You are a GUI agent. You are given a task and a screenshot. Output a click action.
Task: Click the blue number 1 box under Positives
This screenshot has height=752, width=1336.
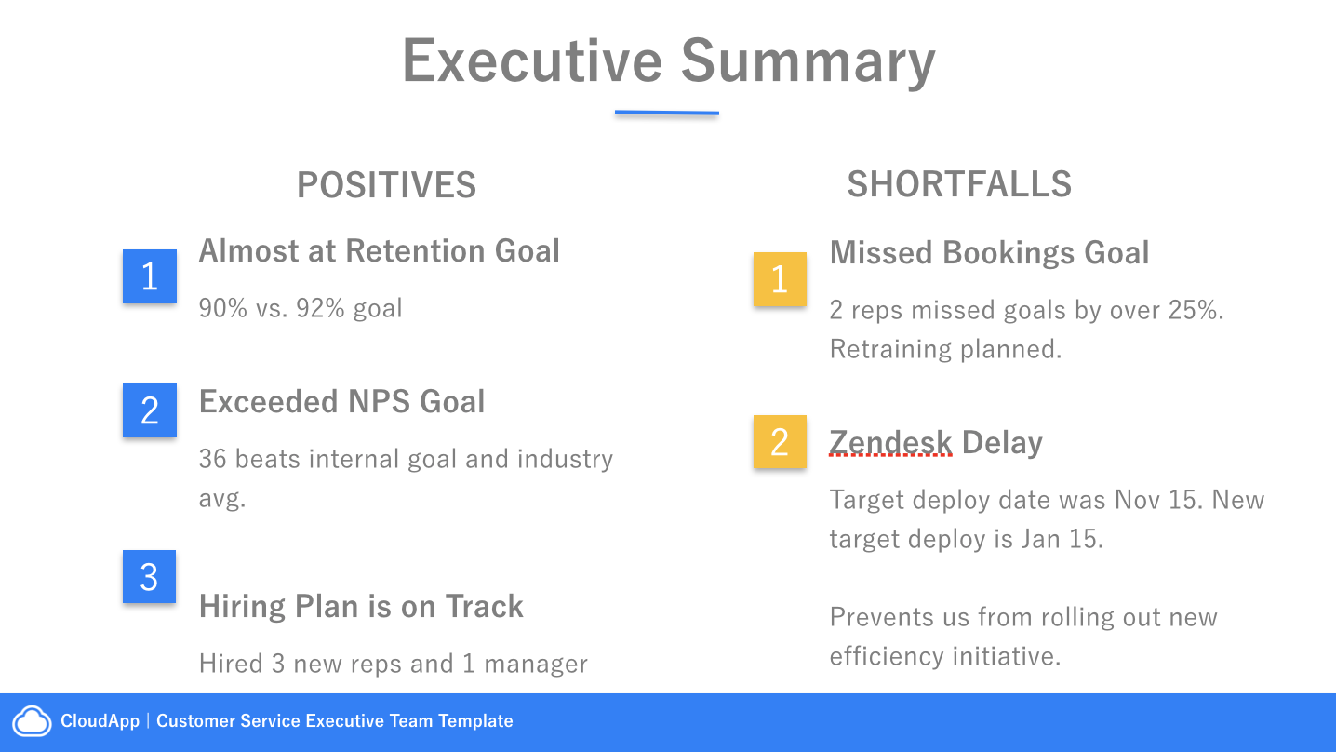(150, 276)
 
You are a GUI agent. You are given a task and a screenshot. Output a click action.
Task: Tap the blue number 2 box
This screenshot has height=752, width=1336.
(150, 410)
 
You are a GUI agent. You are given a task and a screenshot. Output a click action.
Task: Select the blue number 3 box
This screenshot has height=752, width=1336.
(149, 576)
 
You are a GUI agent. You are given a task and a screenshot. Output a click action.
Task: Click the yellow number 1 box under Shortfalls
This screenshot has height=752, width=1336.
(781, 279)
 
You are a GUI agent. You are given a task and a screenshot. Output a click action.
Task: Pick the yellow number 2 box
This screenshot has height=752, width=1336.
(781, 442)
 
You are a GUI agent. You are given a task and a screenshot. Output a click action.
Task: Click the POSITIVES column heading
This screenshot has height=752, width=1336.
(386, 184)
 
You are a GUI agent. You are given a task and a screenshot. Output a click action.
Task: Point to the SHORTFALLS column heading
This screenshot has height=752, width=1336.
(959, 184)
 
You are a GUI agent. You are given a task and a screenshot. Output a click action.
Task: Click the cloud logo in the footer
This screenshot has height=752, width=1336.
(33, 721)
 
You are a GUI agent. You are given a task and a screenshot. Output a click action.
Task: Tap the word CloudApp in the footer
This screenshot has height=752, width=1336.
(100, 721)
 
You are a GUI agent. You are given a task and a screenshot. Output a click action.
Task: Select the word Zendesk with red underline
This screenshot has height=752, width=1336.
(890, 443)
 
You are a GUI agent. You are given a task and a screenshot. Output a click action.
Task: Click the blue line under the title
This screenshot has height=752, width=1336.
(667, 113)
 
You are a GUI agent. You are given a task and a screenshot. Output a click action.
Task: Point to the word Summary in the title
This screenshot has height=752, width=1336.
(808, 61)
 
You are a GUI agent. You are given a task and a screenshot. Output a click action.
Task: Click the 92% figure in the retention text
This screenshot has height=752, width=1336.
(320, 308)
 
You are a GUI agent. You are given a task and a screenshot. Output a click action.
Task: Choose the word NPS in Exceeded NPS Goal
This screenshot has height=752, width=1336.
(379, 401)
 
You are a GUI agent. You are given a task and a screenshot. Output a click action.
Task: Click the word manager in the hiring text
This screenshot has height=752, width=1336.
(536, 665)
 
